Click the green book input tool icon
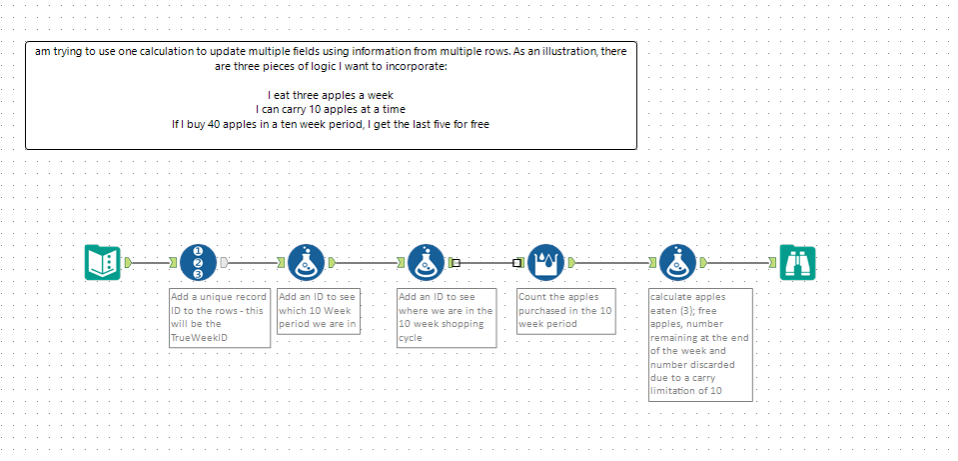(102, 262)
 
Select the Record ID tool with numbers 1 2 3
(198, 262)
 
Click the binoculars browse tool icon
(798, 262)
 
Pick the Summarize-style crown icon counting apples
(545, 262)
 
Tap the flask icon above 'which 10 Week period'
(306, 262)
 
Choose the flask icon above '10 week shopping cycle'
(426, 262)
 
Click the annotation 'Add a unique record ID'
(219, 318)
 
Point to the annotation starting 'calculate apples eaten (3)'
(700, 344)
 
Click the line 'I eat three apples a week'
(330, 94)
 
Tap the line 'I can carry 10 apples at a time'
(330, 109)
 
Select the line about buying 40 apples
(330, 124)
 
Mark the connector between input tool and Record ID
(151, 263)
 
